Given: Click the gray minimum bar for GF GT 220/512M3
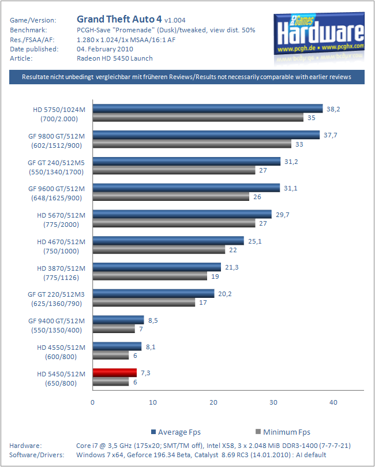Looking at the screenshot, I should tap(144, 302).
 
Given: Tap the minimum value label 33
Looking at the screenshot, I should tap(299, 144).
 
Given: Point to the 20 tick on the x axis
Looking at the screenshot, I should tap(213, 402).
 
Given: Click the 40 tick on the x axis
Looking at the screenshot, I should tap(334, 402).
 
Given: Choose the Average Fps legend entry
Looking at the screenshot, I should tap(175, 432).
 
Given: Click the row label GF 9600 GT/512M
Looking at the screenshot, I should tap(60, 188).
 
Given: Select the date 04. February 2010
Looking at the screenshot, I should tap(104, 48).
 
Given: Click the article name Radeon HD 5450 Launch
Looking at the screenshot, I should tap(114, 58).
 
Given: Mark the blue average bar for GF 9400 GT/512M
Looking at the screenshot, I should tap(118, 319).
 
